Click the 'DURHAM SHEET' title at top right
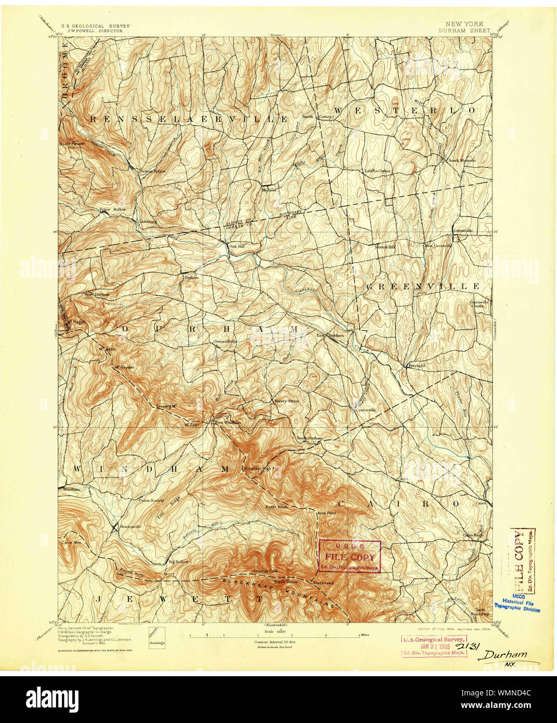pyautogui.click(x=463, y=30)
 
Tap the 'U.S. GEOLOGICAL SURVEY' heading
pyautogui.click(x=95, y=25)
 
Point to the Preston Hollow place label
pyautogui.click(x=152, y=171)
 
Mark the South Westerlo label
pyautogui.click(x=461, y=161)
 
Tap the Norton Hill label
pyautogui.click(x=386, y=247)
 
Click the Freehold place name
pyautogui.click(x=415, y=366)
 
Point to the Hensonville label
pyautogui.click(x=130, y=526)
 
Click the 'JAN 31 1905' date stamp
pyautogui.click(x=433, y=647)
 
